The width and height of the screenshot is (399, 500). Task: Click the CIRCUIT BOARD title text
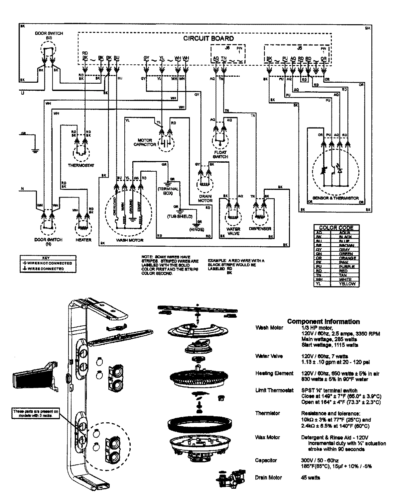pyautogui.click(x=208, y=39)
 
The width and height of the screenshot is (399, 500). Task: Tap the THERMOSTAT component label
pyautogui.click(x=81, y=165)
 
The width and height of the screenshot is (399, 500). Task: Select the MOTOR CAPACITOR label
pyautogui.click(x=145, y=142)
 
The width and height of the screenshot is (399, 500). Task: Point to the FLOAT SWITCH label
pyautogui.click(x=220, y=154)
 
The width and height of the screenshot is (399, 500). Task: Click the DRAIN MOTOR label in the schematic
pyautogui.click(x=205, y=199)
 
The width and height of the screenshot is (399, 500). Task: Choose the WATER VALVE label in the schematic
pyautogui.click(x=233, y=231)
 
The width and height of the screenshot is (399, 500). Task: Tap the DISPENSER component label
pyautogui.click(x=260, y=229)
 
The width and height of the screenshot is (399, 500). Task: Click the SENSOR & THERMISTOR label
pyautogui.click(x=335, y=198)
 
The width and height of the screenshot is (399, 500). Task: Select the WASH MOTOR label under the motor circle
pyautogui.click(x=129, y=240)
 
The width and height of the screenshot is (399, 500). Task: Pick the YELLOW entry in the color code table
pyautogui.click(x=347, y=284)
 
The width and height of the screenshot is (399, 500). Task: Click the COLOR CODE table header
pyautogui.click(x=336, y=228)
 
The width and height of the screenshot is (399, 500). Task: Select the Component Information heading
pyautogui.click(x=323, y=321)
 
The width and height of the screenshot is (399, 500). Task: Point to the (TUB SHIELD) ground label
pyautogui.click(x=180, y=216)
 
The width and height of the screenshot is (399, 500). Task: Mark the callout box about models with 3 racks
pyautogui.click(x=36, y=413)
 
